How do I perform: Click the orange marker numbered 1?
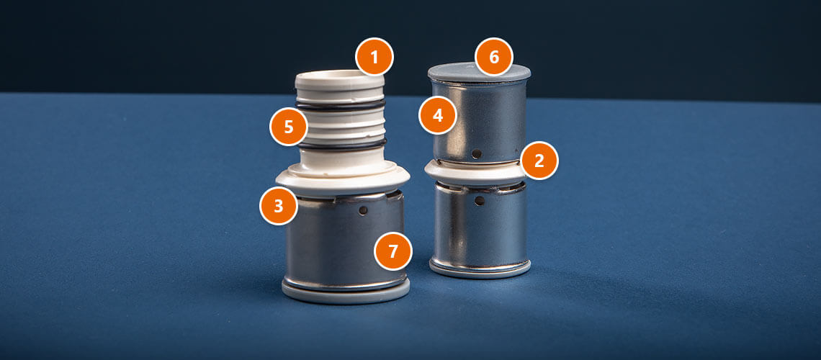374,56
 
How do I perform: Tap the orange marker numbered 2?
539,161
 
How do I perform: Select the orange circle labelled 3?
279,206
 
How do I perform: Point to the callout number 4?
439,115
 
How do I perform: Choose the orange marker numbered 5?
289,127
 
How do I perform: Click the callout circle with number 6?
494,56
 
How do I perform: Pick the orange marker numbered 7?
393,251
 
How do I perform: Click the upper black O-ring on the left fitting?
341,107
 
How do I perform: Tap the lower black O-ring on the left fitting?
342,145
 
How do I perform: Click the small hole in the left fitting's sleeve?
363,210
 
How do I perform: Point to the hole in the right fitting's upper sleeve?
477,154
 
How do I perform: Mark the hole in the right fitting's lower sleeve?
479,200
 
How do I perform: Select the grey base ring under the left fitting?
346,293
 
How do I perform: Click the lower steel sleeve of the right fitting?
480,225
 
